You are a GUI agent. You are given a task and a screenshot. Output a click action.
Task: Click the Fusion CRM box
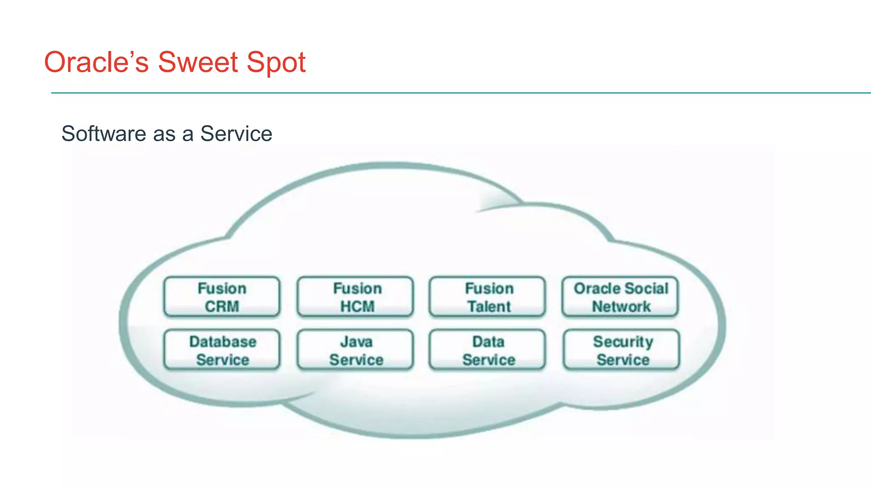(x=222, y=297)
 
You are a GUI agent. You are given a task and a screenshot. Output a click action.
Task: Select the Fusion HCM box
(x=355, y=297)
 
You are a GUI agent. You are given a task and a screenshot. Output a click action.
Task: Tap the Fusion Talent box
(x=487, y=297)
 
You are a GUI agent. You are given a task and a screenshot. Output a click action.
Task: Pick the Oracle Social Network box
(x=620, y=297)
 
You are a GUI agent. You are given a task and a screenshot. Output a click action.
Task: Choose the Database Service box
(x=222, y=350)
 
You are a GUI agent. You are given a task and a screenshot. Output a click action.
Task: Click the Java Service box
(x=355, y=350)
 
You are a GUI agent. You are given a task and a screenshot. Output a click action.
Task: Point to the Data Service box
(x=487, y=350)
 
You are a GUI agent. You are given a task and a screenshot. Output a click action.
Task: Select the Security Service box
(x=621, y=350)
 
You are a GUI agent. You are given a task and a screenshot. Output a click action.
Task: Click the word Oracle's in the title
(x=97, y=63)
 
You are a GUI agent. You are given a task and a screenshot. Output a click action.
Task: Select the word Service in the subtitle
(x=236, y=134)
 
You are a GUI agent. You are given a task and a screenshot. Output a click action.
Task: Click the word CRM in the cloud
(x=222, y=306)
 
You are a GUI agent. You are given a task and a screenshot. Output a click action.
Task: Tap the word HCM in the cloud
(x=357, y=306)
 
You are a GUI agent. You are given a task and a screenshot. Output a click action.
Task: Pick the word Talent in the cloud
(x=489, y=306)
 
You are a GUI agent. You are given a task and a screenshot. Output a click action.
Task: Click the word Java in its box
(x=356, y=342)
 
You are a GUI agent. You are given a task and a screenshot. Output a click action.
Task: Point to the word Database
(x=223, y=342)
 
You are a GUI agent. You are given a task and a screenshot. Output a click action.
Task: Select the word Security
(x=623, y=342)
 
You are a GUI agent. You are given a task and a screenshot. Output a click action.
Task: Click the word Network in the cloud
(x=621, y=306)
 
